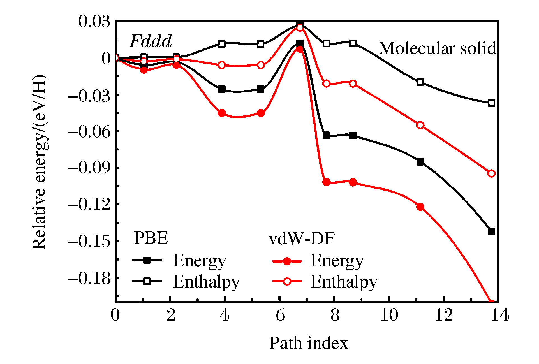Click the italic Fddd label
[x=151, y=41]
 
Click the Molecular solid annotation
[x=437, y=48]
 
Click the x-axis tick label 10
[x=389, y=315]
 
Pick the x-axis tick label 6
[x=280, y=315]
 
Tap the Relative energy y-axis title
[x=39, y=162]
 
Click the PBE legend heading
[x=151, y=238]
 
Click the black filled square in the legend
[x=147, y=260]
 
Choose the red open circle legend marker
[x=287, y=281]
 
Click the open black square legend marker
[x=147, y=281]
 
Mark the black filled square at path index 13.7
[x=491, y=231]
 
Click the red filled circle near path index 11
[x=420, y=207]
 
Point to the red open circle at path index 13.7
[x=491, y=173]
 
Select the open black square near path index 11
[x=420, y=82]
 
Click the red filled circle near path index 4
[x=222, y=113]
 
